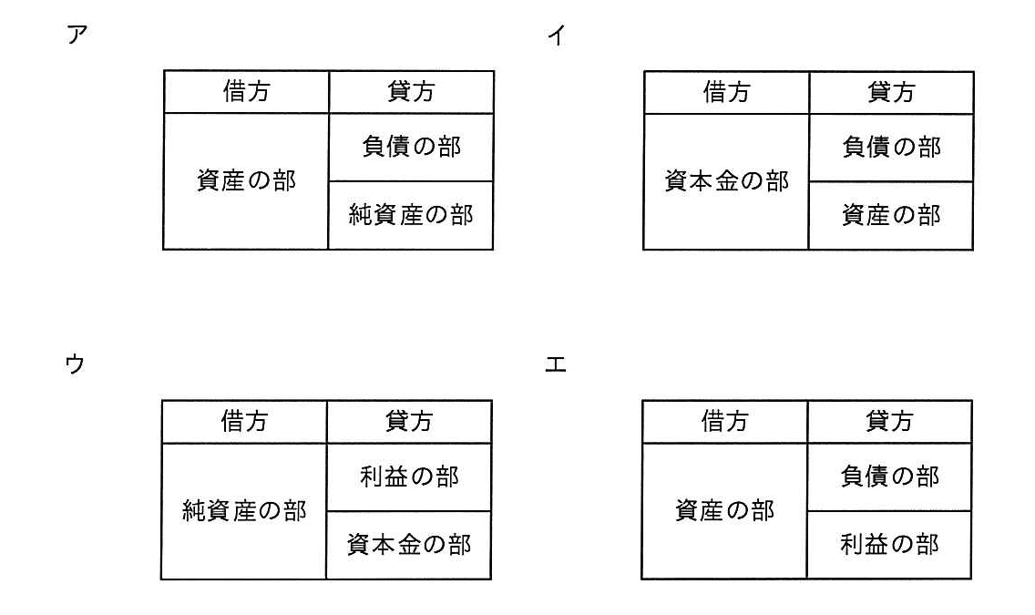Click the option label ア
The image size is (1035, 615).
pyautogui.click(x=77, y=35)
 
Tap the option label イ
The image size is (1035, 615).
pyautogui.click(x=557, y=35)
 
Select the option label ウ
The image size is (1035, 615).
pyautogui.click(x=76, y=363)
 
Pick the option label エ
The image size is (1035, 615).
pyautogui.click(x=556, y=364)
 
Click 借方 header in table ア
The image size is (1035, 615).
pyautogui.click(x=246, y=91)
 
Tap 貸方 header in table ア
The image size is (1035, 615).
pyautogui.click(x=411, y=91)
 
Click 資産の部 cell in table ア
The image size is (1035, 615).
pyautogui.click(x=246, y=180)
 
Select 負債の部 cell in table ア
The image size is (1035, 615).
pyautogui.click(x=411, y=147)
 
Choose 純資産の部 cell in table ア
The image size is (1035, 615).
pyautogui.click(x=411, y=214)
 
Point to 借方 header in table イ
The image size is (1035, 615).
pyautogui.click(x=727, y=92)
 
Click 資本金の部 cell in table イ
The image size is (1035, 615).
pyautogui.click(x=727, y=180)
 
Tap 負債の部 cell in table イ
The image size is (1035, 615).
pyautogui.click(x=892, y=148)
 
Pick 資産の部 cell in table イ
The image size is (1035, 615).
pyautogui.click(x=892, y=215)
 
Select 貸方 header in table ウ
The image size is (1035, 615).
pyautogui.click(x=409, y=420)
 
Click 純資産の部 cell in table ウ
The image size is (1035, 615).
pyautogui.click(x=244, y=511)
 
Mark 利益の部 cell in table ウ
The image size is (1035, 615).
pyautogui.click(x=409, y=477)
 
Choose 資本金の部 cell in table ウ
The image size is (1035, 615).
pyautogui.click(x=409, y=545)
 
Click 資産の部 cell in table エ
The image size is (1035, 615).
pyautogui.click(x=724, y=510)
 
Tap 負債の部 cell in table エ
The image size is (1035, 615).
pyautogui.click(x=890, y=476)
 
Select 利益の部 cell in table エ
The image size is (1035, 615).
pyautogui.click(x=890, y=544)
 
